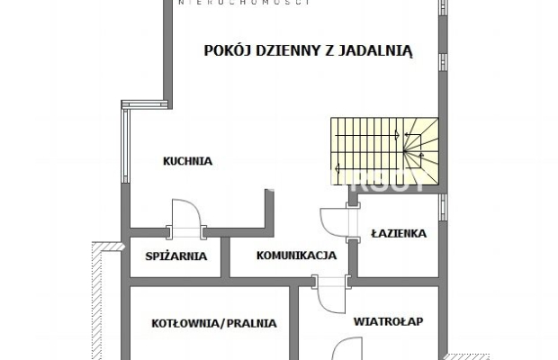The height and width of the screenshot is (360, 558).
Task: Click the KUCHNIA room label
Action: (187, 162)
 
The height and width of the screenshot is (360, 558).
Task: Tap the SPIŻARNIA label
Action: (176, 256)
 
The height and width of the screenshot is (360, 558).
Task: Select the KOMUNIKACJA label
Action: (296, 256)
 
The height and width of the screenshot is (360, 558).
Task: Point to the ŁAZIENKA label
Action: (398, 234)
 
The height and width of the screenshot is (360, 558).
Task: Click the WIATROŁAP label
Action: (389, 320)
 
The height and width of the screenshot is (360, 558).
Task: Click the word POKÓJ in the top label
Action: (226, 51)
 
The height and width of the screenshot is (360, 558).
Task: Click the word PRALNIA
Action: (253, 322)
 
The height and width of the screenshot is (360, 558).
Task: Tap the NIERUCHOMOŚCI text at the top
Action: (245, 4)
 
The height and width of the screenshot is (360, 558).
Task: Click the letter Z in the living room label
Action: (331, 51)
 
